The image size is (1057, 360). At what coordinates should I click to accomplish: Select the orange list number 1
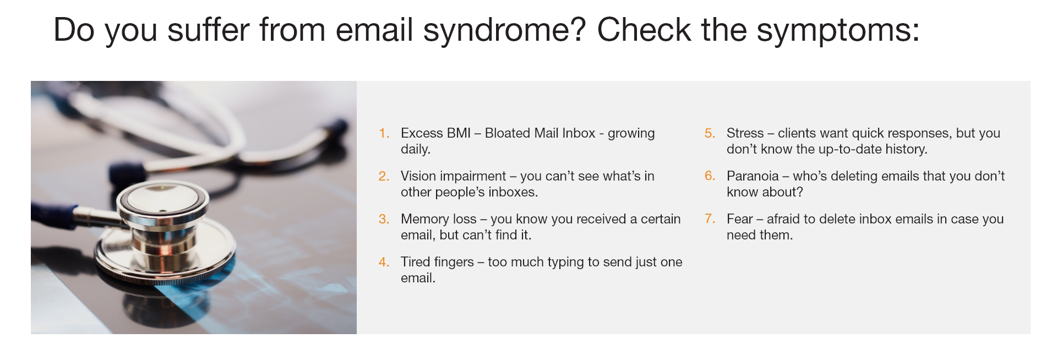384,133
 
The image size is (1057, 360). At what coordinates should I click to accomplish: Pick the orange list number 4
384,262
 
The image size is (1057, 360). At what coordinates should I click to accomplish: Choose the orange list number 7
710,219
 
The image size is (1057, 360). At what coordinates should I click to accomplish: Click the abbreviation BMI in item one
459,133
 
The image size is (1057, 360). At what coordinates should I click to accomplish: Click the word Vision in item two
418,176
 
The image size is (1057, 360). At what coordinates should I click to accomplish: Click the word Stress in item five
745,133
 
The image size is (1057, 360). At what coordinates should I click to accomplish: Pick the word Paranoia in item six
753,176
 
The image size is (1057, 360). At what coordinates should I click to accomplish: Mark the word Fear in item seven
739,219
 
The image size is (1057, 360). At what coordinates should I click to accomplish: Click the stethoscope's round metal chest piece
163,231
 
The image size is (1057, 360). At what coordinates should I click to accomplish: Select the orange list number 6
710,176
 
